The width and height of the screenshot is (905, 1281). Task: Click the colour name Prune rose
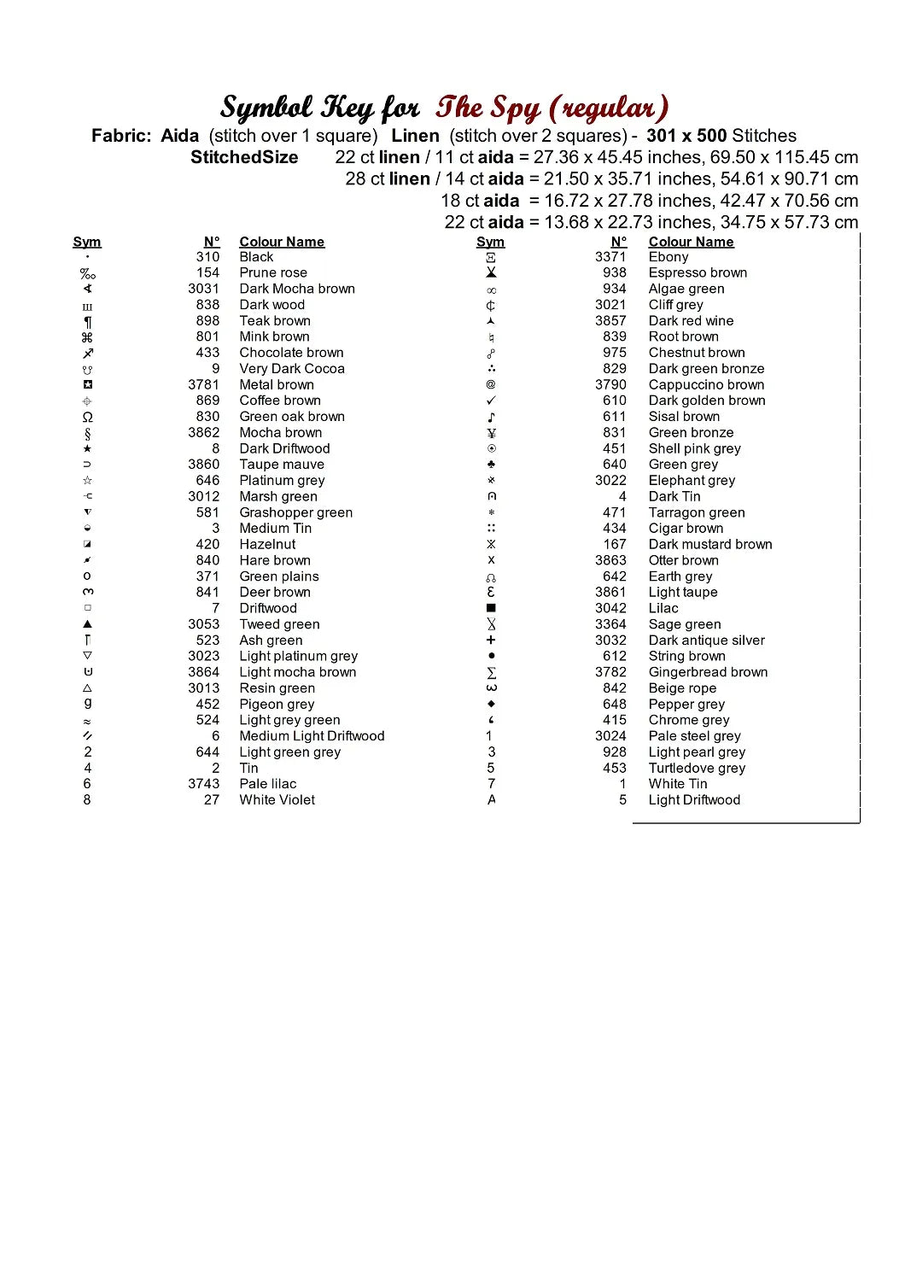pyautogui.click(x=273, y=272)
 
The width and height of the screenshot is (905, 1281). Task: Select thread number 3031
pyautogui.click(x=204, y=289)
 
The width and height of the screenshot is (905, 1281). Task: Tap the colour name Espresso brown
pyautogui.click(x=698, y=272)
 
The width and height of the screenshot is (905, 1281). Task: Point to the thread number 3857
pyautogui.click(x=610, y=320)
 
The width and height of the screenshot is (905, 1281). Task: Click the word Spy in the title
pyautogui.click(x=515, y=108)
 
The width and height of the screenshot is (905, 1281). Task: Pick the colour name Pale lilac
pyautogui.click(x=268, y=783)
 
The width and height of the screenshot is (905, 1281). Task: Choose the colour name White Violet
pyautogui.click(x=277, y=799)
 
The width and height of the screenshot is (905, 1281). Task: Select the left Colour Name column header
pyautogui.click(x=282, y=242)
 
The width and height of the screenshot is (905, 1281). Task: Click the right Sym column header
pyautogui.click(x=490, y=242)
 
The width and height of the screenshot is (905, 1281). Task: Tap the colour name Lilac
pyautogui.click(x=663, y=608)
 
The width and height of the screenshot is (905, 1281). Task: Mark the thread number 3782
pyautogui.click(x=610, y=672)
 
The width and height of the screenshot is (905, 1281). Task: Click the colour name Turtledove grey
pyautogui.click(x=697, y=768)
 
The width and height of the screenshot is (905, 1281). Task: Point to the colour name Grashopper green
pyautogui.click(x=296, y=512)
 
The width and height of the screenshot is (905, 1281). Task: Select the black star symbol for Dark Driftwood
pyautogui.click(x=87, y=448)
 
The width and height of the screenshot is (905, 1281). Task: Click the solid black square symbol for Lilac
pyautogui.click(x=491, y=608)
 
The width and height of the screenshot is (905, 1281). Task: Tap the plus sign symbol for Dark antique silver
pyautogui.click(x=491, y=640)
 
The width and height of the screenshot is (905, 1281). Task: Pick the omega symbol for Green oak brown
pyautogui.click(x=87, y=417)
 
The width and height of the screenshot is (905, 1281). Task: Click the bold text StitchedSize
pyautogui.click(x=244, y=157)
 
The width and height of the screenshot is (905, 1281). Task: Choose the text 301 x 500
pyautogui.click(x=686, y=136)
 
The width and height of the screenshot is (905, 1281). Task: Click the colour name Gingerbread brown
pyautogui.click(x=708, y=672)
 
